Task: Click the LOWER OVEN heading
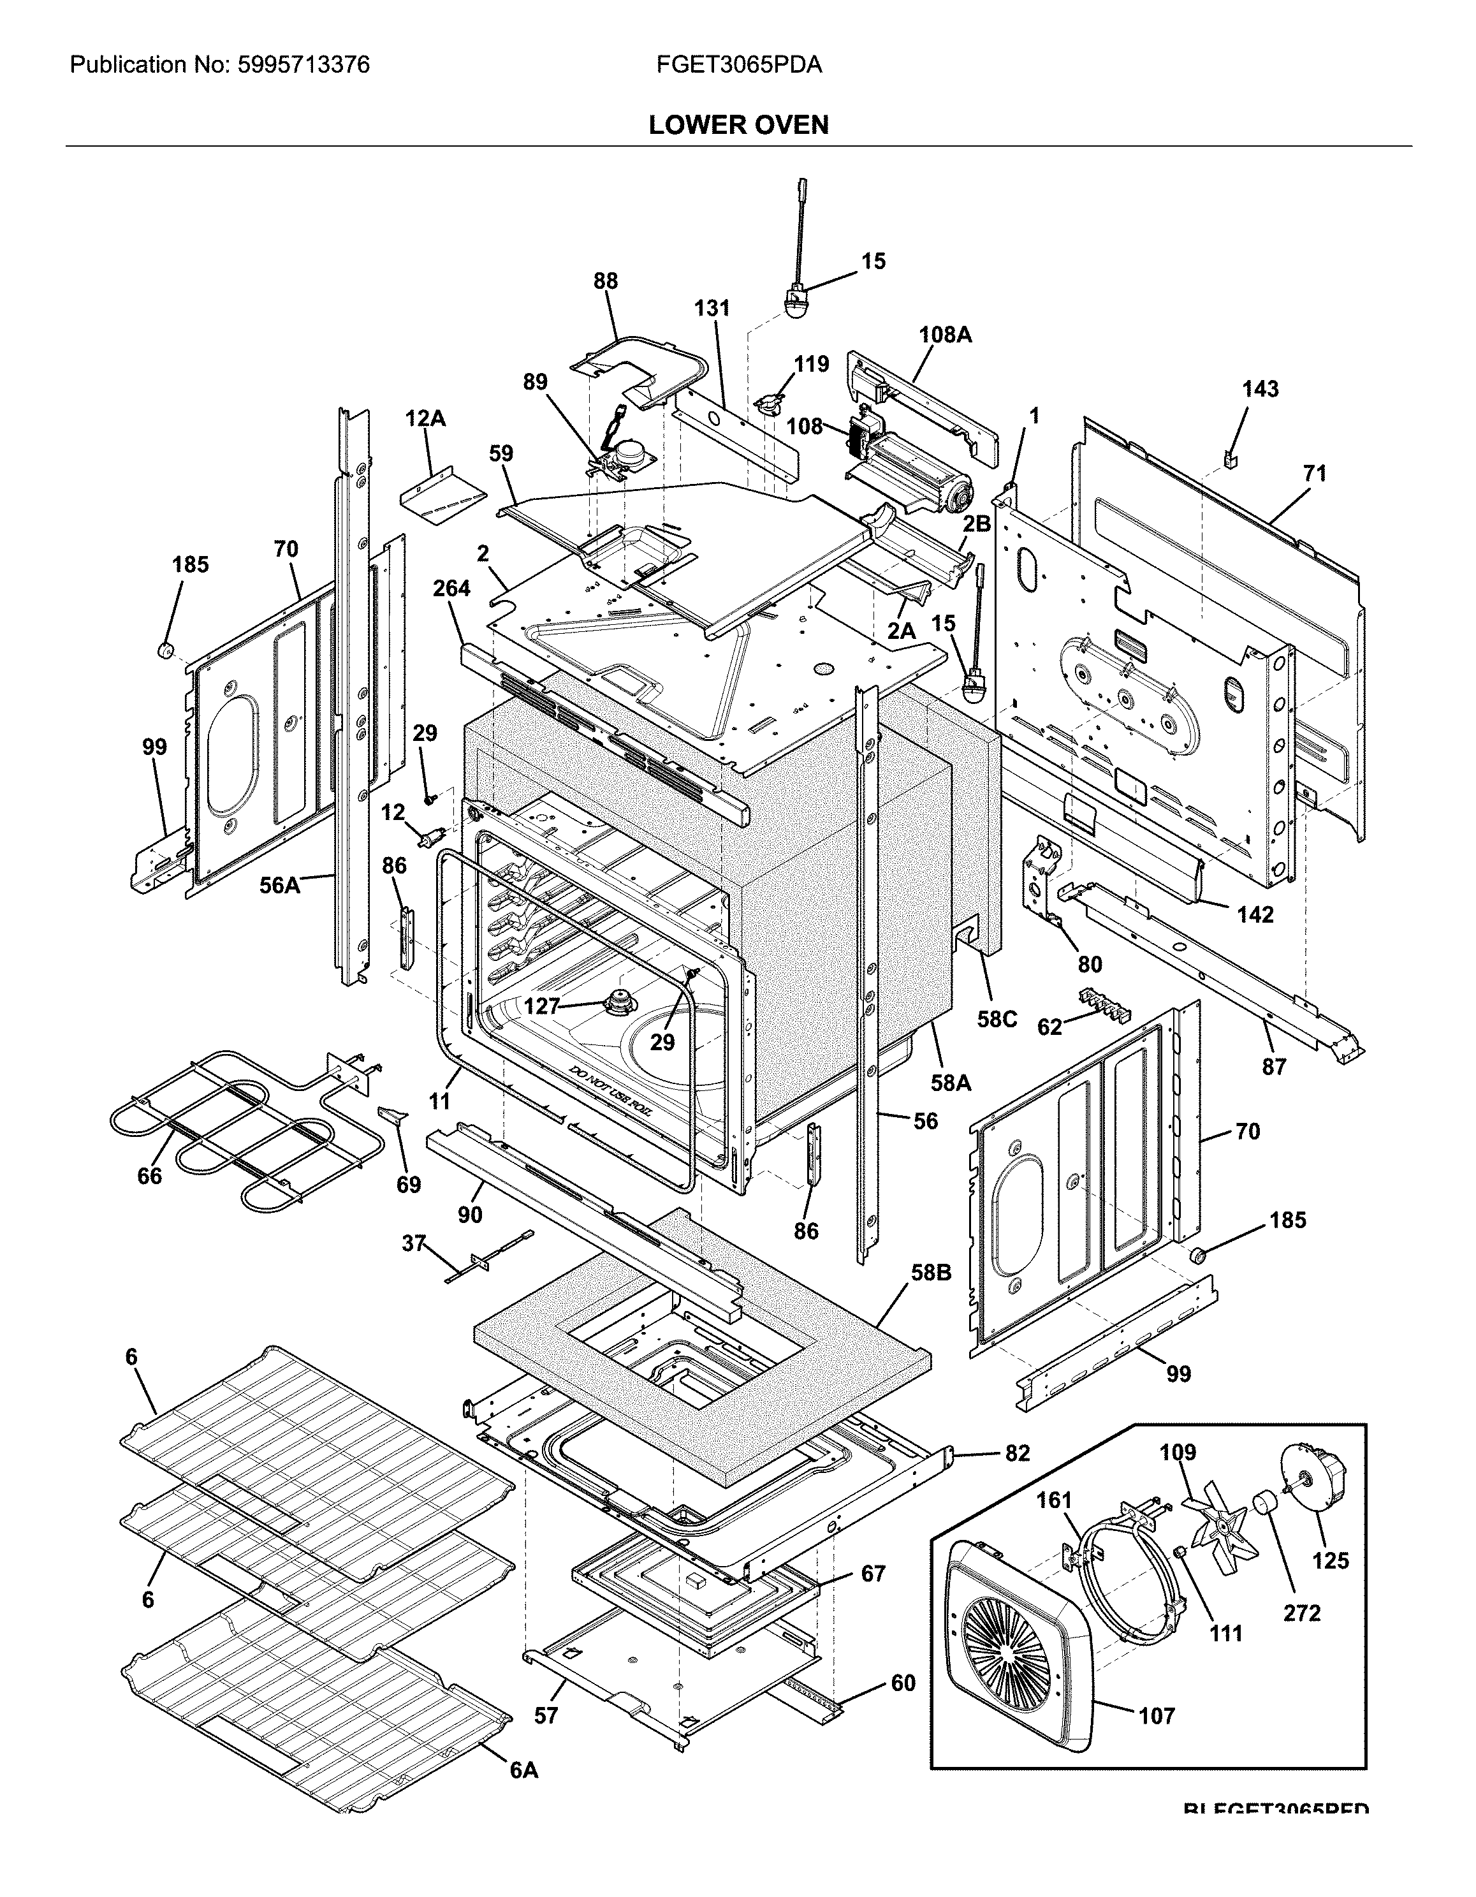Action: click(x=738, y=125)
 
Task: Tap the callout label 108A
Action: click(x=945, y=334)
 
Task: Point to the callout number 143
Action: click(x=1260, y=389)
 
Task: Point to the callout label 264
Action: click(x=452, y=589)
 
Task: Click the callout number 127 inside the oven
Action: click(x=541, y=1006)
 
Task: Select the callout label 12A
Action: click(x=425, y=419)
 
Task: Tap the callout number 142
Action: click(x=1255, y=914)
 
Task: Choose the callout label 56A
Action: click(x=280, y=885)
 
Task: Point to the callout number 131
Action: click(x=712, y=309)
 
